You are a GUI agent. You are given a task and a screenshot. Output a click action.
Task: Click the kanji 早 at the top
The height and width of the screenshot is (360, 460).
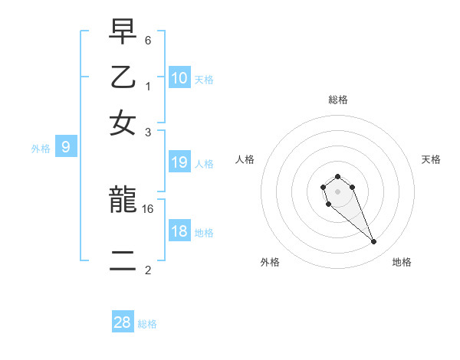tap(123, 33)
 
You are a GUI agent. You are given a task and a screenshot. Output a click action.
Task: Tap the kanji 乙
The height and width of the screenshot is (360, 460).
tap(123, 77)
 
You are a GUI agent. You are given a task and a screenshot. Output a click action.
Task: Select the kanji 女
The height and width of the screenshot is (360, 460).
tap(123, 123)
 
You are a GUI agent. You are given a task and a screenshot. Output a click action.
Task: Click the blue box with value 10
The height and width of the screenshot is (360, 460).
tap(179, 78)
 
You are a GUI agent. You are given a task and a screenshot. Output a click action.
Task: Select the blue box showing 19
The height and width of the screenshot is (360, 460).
tap(179, 162)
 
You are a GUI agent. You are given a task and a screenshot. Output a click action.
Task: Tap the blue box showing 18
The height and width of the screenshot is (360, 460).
tap(179, 232)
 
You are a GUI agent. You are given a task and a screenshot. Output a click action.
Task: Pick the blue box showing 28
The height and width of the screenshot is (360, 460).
tap(123, 323)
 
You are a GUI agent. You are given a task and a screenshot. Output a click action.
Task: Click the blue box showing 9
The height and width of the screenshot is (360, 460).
tap(66, 148)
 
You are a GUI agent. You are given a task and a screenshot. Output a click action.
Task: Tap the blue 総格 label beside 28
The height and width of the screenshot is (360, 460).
tap(147, 324)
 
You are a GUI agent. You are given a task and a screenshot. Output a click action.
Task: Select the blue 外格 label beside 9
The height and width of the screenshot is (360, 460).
tap(40, 149)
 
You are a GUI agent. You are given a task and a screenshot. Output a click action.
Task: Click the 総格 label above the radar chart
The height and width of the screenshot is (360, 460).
tap(337, 100)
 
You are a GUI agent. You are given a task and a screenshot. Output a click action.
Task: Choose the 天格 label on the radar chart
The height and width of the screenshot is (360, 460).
tap(431, 159)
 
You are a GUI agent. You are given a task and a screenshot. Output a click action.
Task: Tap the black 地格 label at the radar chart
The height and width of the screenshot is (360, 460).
tap(402, 262)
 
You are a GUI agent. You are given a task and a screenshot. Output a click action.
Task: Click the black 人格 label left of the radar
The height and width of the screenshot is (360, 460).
tap(245, 159)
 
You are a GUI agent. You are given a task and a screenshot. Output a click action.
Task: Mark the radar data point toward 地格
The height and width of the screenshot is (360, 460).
tap(374, 242)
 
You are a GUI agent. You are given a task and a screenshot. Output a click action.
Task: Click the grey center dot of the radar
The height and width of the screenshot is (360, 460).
tap(337, 191)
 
